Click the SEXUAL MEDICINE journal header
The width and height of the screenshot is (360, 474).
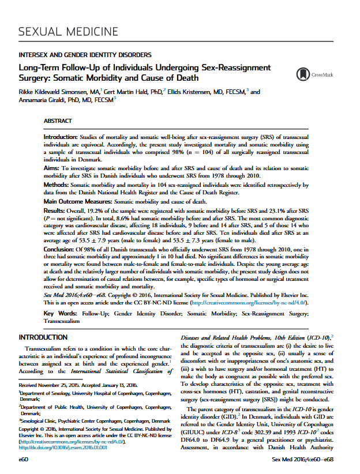click(69, 31)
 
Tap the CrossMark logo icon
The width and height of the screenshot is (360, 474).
click(302, 74)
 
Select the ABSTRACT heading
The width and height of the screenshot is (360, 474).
click(58, 121)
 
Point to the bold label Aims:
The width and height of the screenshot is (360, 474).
click(54, 166)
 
